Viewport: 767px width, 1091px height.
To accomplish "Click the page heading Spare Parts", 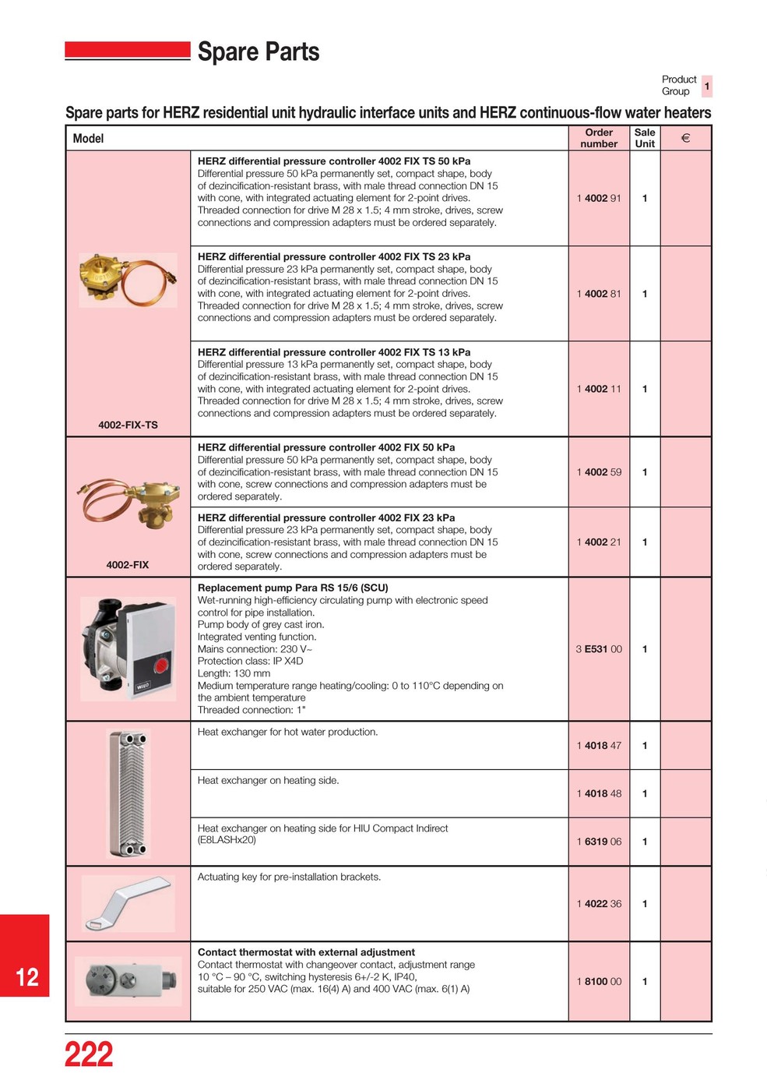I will click(x=259, y=52).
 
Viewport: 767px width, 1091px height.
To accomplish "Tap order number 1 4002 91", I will click(x=599, y=199).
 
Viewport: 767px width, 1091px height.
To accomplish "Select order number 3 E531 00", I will click(x=599, y=649).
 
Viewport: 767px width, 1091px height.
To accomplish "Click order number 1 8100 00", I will click(x=599, y=982).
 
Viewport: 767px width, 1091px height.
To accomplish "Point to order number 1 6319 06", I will click(x=599, y=842).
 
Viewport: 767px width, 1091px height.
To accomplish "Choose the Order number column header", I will click(x=599, y=138).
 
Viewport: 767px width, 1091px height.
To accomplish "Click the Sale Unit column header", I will click(x=645, y=138).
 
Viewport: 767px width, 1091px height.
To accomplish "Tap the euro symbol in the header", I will click(x=685, y=139).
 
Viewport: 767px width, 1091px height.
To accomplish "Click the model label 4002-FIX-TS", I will click(x=128, y=425).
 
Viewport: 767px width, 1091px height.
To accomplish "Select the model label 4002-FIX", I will click(x=128, y=565).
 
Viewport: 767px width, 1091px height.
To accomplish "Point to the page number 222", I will click(x=89, y=1055).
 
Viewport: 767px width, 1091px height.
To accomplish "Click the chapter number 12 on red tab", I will click(x=26, y=977).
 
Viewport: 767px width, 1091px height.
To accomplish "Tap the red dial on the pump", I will click(x=161, y=666).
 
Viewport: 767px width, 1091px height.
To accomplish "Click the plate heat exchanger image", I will click(x=128, y=793).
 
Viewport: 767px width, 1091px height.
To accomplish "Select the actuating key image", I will click(x=128, y=902).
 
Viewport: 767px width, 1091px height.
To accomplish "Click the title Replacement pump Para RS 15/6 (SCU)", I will click(x=293, y=588).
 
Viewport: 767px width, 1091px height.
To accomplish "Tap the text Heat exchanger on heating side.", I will click(x=268, y=781).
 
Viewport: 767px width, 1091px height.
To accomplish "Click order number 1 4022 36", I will click(x=599, y=904).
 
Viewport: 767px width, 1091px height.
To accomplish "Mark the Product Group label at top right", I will click(x=679, y=86).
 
